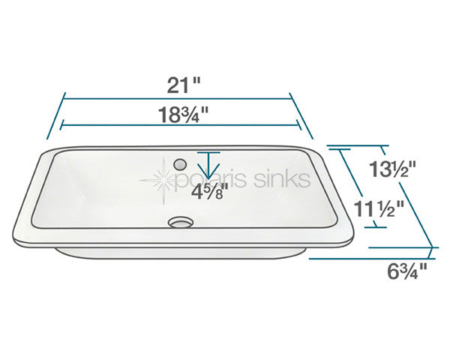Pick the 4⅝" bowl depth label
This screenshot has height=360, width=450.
point(208,191)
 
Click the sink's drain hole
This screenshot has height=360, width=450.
point(180,222)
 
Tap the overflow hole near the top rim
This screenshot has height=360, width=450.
point(180,162)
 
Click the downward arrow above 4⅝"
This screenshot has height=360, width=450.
point(208,165)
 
